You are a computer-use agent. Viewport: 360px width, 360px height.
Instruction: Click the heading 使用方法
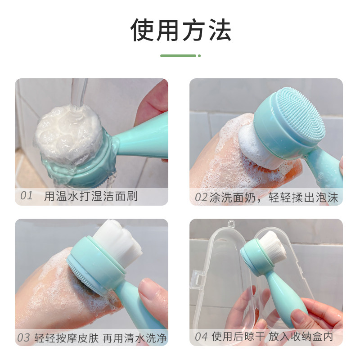click(x=180, y=30)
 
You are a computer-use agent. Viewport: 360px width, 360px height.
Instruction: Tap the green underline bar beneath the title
click(x=178, y=56)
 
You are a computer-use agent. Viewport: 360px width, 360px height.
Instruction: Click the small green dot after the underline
click(x=199, y=56)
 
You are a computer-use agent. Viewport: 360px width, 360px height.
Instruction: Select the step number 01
click(x=27, y=196)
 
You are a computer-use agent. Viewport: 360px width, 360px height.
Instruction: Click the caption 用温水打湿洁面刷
click(x=91, y=196)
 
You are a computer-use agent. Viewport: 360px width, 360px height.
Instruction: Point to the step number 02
click(x=201, y=197)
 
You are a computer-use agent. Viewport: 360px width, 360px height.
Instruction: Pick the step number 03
click(x=23, y=337)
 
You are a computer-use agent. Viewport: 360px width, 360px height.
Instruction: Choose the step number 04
click(x=201, y=337)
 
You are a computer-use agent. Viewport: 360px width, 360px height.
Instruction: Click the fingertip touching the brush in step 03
click(x=146, y=288)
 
